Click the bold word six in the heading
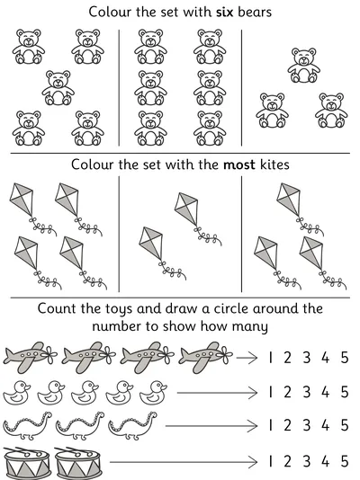[x=225, y=12]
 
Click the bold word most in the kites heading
[x=239, y=164]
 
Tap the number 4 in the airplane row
[x=326, y=357]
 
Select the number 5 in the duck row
[x=345, y=392]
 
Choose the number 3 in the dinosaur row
[x=307, y=425]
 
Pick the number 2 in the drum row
[x=287, y=461]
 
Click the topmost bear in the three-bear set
[x=303, y=66]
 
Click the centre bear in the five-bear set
[x=58, y=88]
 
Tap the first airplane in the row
[x=30, y=358]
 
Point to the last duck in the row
[x=154, y=393]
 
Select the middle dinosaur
[x=80, y=426]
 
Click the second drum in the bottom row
[x=78, y=463]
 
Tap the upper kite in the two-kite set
[x=198, y=218]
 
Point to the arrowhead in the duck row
[x=253, y=393]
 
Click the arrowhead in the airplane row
[x=253, y=357]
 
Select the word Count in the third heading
[x=58, y=308]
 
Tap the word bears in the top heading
[x=255, y=12]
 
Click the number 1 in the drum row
[x=270, y=461]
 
